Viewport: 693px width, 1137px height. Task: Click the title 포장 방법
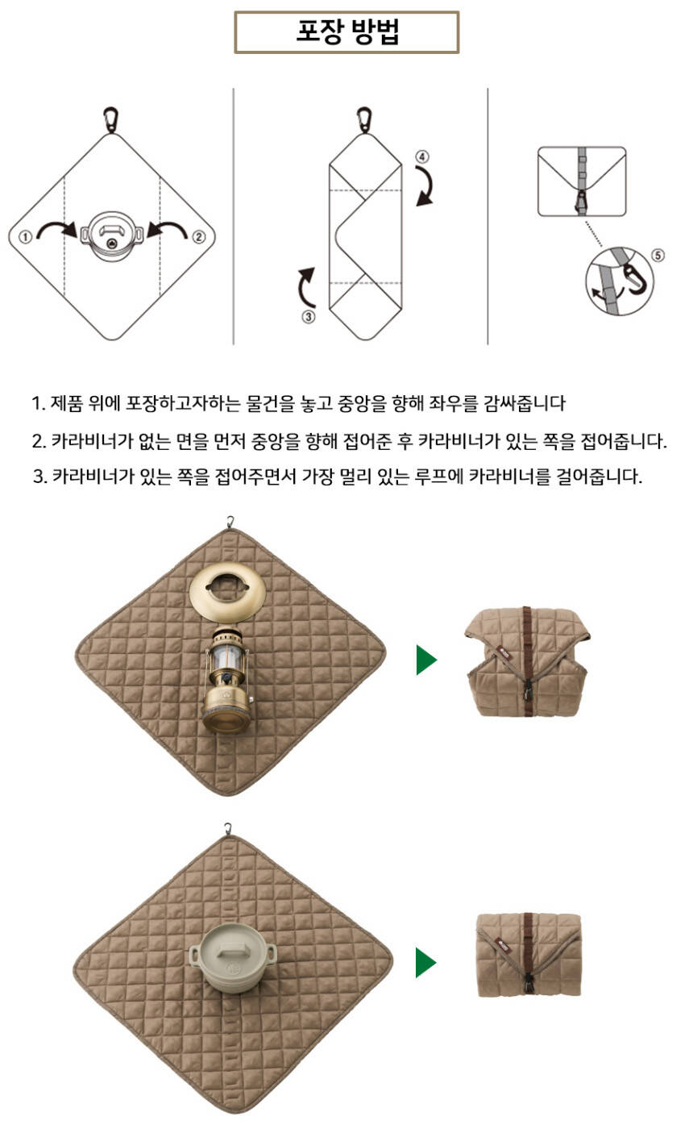tap(347, 31)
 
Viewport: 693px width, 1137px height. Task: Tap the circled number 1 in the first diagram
tap(25, 236)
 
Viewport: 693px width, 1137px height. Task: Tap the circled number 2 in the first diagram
tap(198, 236)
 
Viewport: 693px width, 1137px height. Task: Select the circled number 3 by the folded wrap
tap(309, 317)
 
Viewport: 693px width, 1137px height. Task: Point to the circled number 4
tap(422, 156)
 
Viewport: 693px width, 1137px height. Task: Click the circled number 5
tap(658, 255)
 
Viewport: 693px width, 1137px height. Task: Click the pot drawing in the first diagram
tap(112, 236)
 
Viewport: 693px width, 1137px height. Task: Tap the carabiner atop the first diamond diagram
tap(110, 120)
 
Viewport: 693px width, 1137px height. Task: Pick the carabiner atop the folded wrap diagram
tap(363, 120)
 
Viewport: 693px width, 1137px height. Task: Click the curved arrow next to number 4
tap(429, 183)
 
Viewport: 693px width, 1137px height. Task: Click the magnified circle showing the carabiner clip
tap(620, 281)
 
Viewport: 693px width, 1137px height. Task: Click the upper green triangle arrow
tap(426, 660)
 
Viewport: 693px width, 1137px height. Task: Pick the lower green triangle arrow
tap(425, 962)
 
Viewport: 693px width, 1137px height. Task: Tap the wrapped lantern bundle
tap(528, 661)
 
